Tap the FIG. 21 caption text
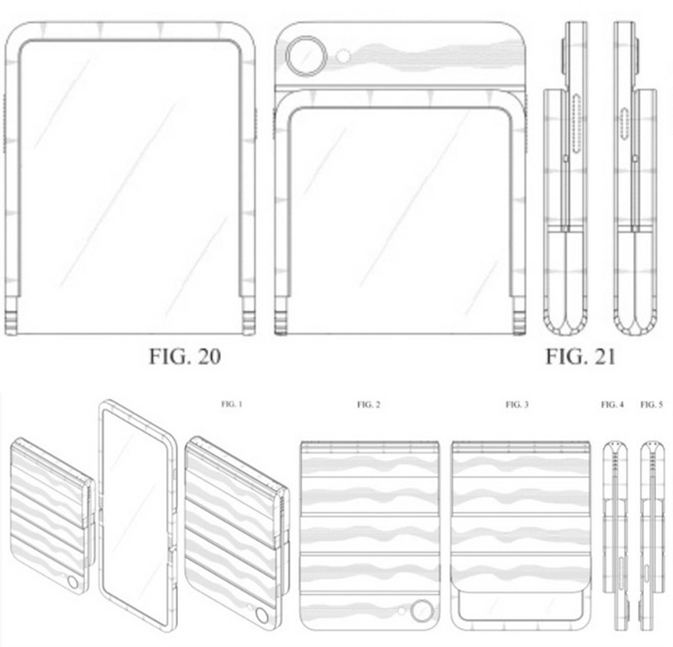tap(580, 356)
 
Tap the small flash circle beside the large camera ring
tap(344, 56)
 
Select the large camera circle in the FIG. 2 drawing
tap(421, 612)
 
